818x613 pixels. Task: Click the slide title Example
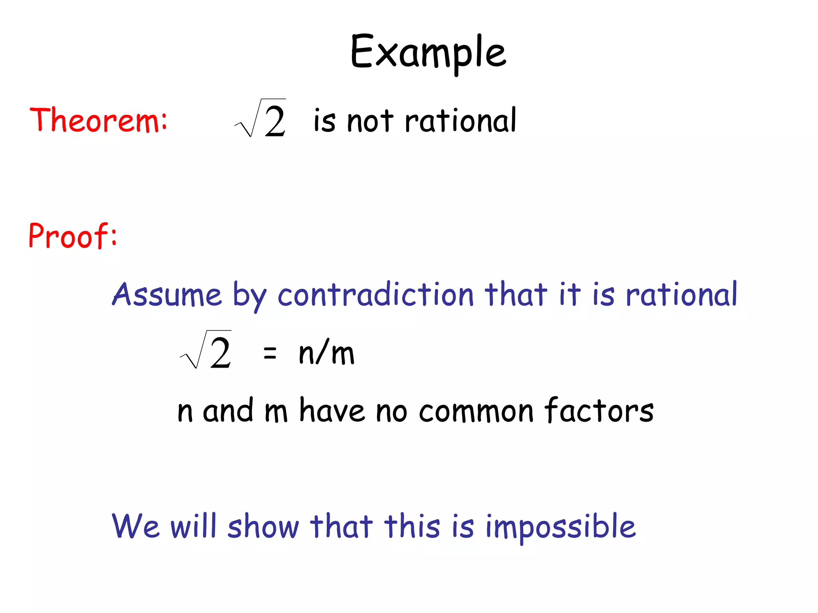pyautogui.click(x=428, y=52)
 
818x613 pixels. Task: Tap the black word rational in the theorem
pyautogui.click(x=461, y=121)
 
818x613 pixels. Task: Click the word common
pyautogui.click(x=476, y=411)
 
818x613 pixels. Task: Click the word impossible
pyautogui.click(x=560, y=528)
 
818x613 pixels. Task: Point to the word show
pyautogui.click(x=263, y=527)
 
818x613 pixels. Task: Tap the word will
pyautogui.click(x=193, y=526)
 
